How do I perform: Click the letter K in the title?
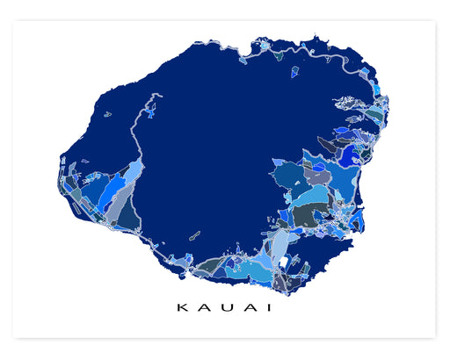181,308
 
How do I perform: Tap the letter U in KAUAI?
225,308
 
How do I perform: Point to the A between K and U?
203,308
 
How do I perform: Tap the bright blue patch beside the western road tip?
151,112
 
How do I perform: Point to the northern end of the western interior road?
157,95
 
